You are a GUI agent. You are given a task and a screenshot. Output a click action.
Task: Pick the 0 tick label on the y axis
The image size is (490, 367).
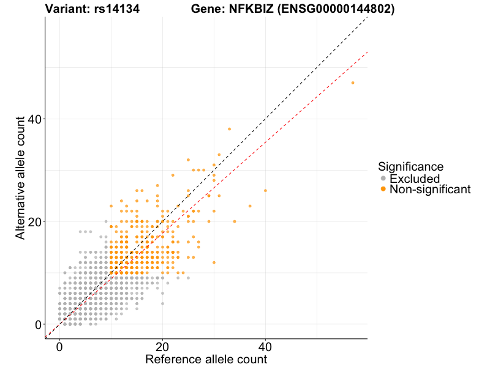pyautogui.click(x=39, y=324)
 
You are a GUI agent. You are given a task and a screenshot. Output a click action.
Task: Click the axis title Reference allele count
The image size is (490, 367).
pyautogui.click(x=206, y=359)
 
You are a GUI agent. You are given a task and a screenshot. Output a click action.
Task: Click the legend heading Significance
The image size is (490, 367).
pyautogui.click(x=410, y=166)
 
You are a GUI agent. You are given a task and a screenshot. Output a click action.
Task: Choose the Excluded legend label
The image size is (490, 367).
pyautogui.click(x=415, y=179)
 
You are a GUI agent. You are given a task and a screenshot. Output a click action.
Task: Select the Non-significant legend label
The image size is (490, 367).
pyautogui.click(x=430, y=190)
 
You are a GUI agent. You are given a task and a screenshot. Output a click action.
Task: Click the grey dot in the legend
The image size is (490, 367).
pyautogui.click(x=383, y=179)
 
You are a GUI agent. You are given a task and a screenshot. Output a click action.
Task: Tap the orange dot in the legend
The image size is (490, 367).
pyautogui.click(x=383, y=190)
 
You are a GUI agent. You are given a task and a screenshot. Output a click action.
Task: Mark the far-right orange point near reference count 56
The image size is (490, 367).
pyautogui.click(x=352, y=83)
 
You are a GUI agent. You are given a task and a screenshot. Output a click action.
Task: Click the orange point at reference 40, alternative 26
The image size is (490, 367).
pyautogui.click(x=265, y=190)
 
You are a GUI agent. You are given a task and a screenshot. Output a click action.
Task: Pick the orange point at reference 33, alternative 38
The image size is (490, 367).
pyautogui.click(x=229, y=129)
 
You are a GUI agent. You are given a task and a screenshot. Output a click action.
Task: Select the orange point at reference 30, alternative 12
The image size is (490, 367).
pyautogui.click(x=214, y=262)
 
